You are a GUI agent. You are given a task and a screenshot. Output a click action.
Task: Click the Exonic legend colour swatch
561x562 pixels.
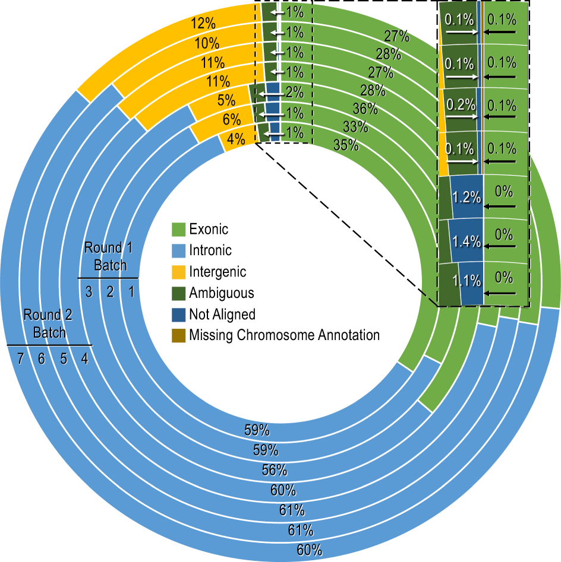(x=178, y=229)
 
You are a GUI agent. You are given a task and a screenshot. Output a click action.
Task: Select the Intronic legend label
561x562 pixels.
(x=210, y=250)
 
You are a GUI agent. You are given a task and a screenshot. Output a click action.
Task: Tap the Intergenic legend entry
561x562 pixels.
(x=217, y=272)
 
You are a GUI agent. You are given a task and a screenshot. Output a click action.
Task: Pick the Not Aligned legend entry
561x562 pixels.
(x=222, y=314)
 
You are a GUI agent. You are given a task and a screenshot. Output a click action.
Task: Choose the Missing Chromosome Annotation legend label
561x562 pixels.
(x=284, y=335)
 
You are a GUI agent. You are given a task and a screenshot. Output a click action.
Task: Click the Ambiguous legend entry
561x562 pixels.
(x=221, y=293)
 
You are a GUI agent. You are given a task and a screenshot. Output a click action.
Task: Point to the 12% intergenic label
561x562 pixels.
(x=203, y=24)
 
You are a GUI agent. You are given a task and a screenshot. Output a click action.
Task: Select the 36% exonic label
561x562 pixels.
(x=365, y=109)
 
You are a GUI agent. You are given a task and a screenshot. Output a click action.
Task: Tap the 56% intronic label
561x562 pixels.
(x=275, y=471)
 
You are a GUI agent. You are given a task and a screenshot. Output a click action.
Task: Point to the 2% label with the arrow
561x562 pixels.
(x=294, y=92)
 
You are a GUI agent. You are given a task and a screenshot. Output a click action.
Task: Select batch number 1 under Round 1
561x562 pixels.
(x=131, y=291)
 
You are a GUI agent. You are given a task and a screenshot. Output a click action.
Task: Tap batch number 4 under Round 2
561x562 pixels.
(x=84, y=358)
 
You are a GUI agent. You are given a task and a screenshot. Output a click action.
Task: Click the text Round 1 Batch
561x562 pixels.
(x=110, y=256)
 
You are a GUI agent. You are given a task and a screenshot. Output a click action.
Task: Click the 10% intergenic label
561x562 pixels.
(x=207, y=43)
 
